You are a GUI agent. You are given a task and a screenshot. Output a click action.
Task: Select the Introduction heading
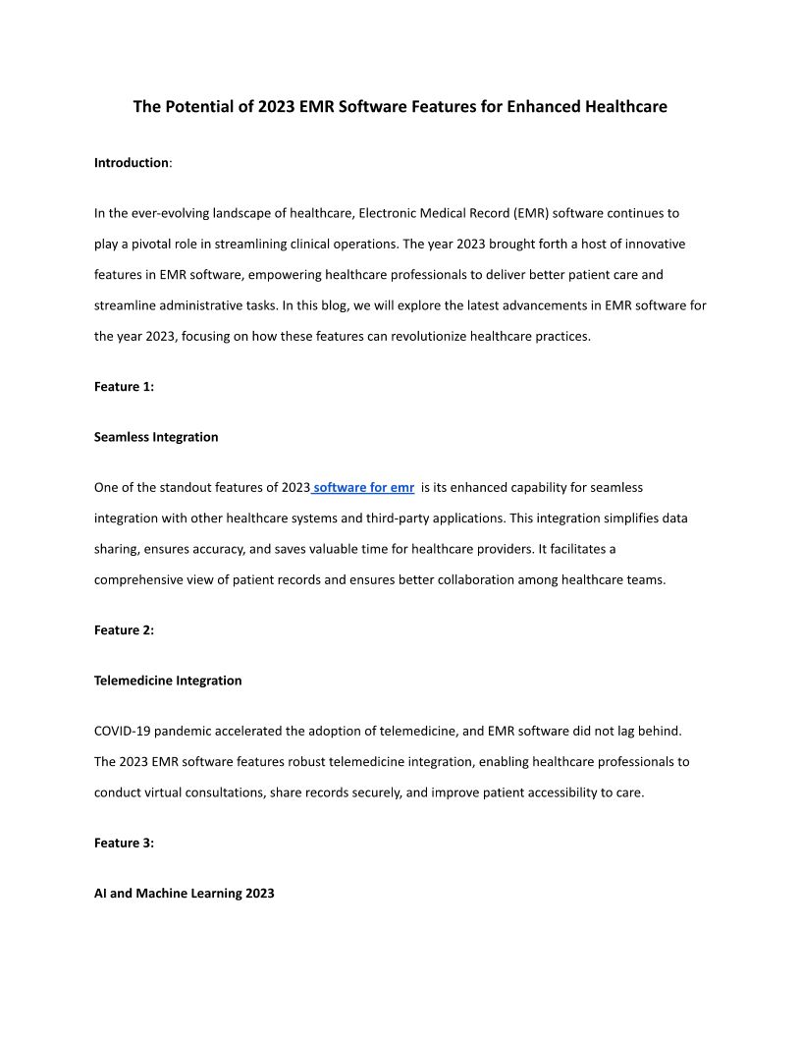coord(132,163)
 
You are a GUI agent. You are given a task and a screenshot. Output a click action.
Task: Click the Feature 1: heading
coord(124,387)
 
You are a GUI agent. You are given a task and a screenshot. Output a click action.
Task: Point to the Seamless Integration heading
coord(156,437)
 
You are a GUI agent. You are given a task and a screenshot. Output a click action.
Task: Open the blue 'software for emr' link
coord(363,488)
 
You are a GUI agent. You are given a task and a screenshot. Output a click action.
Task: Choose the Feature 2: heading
coord(124,630)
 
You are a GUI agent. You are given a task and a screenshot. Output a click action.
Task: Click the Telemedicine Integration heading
coord(168,681)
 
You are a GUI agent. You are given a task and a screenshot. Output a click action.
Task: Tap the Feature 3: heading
coord(124,843)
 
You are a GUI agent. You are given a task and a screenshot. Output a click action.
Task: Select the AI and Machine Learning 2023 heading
coord(185,894)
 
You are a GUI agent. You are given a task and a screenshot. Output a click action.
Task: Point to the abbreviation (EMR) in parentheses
coord(530,213)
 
